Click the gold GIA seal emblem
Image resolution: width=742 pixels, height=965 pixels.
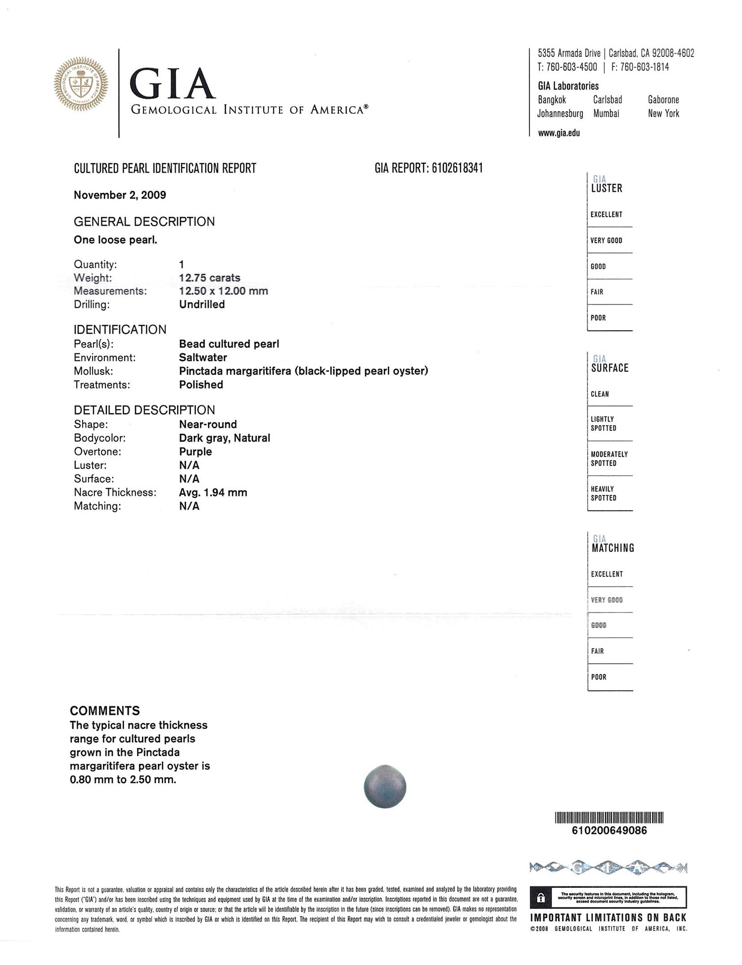pyautogui.click(x=81, y=85)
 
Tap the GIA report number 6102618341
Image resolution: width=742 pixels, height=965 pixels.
pyautogui.click(x=457, y=168)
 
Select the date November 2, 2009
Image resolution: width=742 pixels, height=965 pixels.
pyautogui.click(x=120, y=195)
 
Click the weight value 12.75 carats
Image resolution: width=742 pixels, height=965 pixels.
pyautogui.click(x=209, y=278)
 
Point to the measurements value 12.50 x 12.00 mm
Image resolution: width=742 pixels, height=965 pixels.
pyautogui.click(x=223, y=291)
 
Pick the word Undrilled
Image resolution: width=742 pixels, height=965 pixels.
pyautogui.click(x=202, y=305)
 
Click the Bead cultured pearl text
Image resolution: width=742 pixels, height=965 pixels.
pyautogui.click(x=229, y=344)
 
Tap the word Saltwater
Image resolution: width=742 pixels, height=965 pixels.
pyautogui.click(x=203, y=357)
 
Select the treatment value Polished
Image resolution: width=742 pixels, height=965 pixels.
pyautogui.click(x=201, y=385)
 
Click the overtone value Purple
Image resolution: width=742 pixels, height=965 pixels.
pyautogui.click(x=195, y=452)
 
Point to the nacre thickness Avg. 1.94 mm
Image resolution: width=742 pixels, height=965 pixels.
pyautogui.click(x=213, y=492)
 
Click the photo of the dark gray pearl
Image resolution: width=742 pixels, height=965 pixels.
pyautogui.click(x=385, y=787)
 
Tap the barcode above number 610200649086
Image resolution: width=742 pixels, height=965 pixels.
pyautogui.click(x=609, y=818)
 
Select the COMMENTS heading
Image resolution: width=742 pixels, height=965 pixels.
pyautogui.click(x=105, y=711)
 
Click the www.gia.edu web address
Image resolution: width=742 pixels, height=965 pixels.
pyautogui.click(x=559, y=133)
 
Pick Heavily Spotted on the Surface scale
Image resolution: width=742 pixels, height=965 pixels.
pyautogui.click(x=603, y=493)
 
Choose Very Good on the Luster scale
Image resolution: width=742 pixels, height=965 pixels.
pyautogui.click(x=606, y=241)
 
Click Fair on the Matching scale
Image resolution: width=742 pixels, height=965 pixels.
pyautogui.click(x=598, y=651)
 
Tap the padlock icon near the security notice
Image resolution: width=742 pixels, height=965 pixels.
pyautogui.click(x=541, y=898)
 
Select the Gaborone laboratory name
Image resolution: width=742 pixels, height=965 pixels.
pyautogui.click(x=663, y=100)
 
